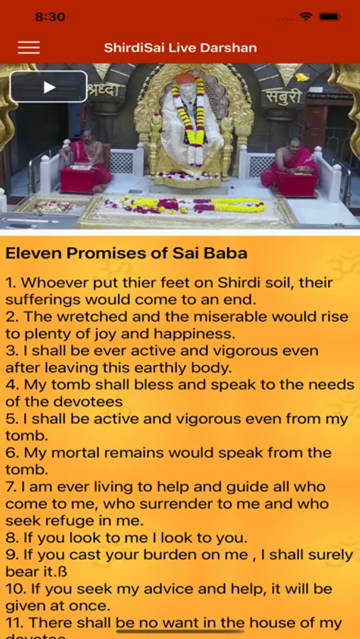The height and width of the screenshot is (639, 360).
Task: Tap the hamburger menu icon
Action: click(28, 48)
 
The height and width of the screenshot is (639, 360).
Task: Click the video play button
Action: click(48, 87)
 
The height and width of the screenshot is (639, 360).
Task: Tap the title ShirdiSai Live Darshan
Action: click(180, 48)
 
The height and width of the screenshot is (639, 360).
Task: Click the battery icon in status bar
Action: click(330, 17)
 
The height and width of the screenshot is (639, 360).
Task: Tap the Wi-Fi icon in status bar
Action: click(305, 16)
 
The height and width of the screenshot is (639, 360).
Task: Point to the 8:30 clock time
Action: click(50, 17)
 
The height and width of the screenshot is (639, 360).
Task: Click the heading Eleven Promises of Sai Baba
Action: click(126, 253)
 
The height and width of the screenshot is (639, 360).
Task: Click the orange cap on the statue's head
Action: click(185, 78)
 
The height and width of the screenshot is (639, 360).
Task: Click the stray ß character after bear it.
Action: click(62, 572)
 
